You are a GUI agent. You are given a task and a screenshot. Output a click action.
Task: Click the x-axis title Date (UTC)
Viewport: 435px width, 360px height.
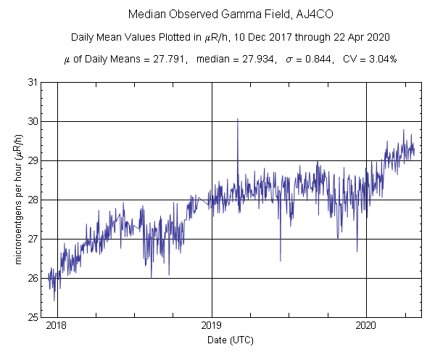pyautogui.click(x=231, y=340)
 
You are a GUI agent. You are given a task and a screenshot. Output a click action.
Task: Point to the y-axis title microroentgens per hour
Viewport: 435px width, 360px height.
pyautogui.click(x=20, y=200)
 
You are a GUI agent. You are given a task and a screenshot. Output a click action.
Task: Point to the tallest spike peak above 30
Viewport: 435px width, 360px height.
pyautogui.click(x=238, y=119)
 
